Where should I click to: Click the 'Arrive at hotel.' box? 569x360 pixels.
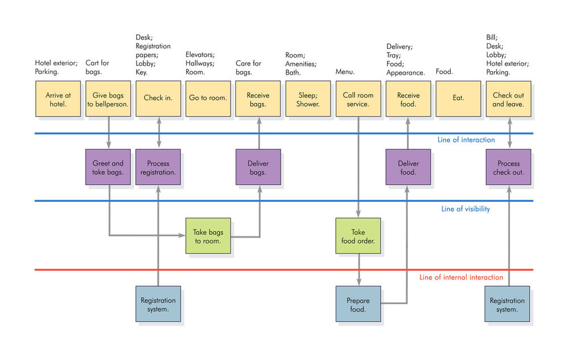(x=57, y=99)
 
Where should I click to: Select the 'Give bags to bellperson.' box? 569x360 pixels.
(x=108, y=99)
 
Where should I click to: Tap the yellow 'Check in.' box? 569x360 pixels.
(x=158, y=99)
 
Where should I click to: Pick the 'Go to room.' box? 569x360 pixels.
(x=208, y=99)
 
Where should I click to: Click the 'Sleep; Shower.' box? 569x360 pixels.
(x=308, y=99)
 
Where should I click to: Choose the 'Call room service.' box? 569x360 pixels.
(x=358, y=99)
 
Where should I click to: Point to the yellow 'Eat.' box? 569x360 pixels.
(x=458, y=99)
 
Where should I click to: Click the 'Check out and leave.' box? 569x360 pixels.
(x=508, y=99)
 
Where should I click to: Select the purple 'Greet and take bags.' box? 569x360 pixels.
(x=108, y=167)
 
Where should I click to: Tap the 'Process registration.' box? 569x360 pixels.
(x=158, y=167)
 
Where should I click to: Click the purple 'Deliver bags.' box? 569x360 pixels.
(x=258, y=167)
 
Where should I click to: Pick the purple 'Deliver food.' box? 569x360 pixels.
(x=408, y=167)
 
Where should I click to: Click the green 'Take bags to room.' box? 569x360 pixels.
(x=208, y=236)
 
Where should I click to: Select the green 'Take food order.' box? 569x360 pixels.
(x=358, y=236)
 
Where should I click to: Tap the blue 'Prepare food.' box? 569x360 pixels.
(x=358, y=304)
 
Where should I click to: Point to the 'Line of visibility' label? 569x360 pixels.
(x=465, y=209)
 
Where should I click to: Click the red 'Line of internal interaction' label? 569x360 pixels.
(x=461, y=278)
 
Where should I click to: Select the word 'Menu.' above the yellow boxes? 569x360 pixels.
(x=345, y=72)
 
